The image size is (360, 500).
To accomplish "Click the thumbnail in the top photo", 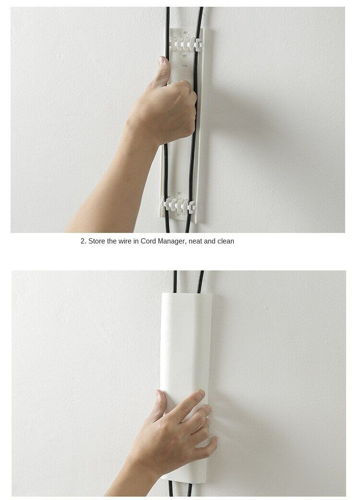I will tap(164, 61).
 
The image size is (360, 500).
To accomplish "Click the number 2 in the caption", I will tap(83, 241).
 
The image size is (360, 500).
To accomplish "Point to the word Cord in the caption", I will tap(149, 241).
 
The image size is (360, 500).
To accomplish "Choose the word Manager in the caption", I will tap(173, 241).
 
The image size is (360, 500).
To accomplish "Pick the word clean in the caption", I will tap(226, 241).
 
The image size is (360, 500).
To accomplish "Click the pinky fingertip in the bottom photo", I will tap(213, 439).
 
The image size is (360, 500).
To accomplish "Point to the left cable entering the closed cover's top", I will tap(175, 281).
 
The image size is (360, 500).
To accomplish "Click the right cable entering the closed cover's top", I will tap(201, 281).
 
